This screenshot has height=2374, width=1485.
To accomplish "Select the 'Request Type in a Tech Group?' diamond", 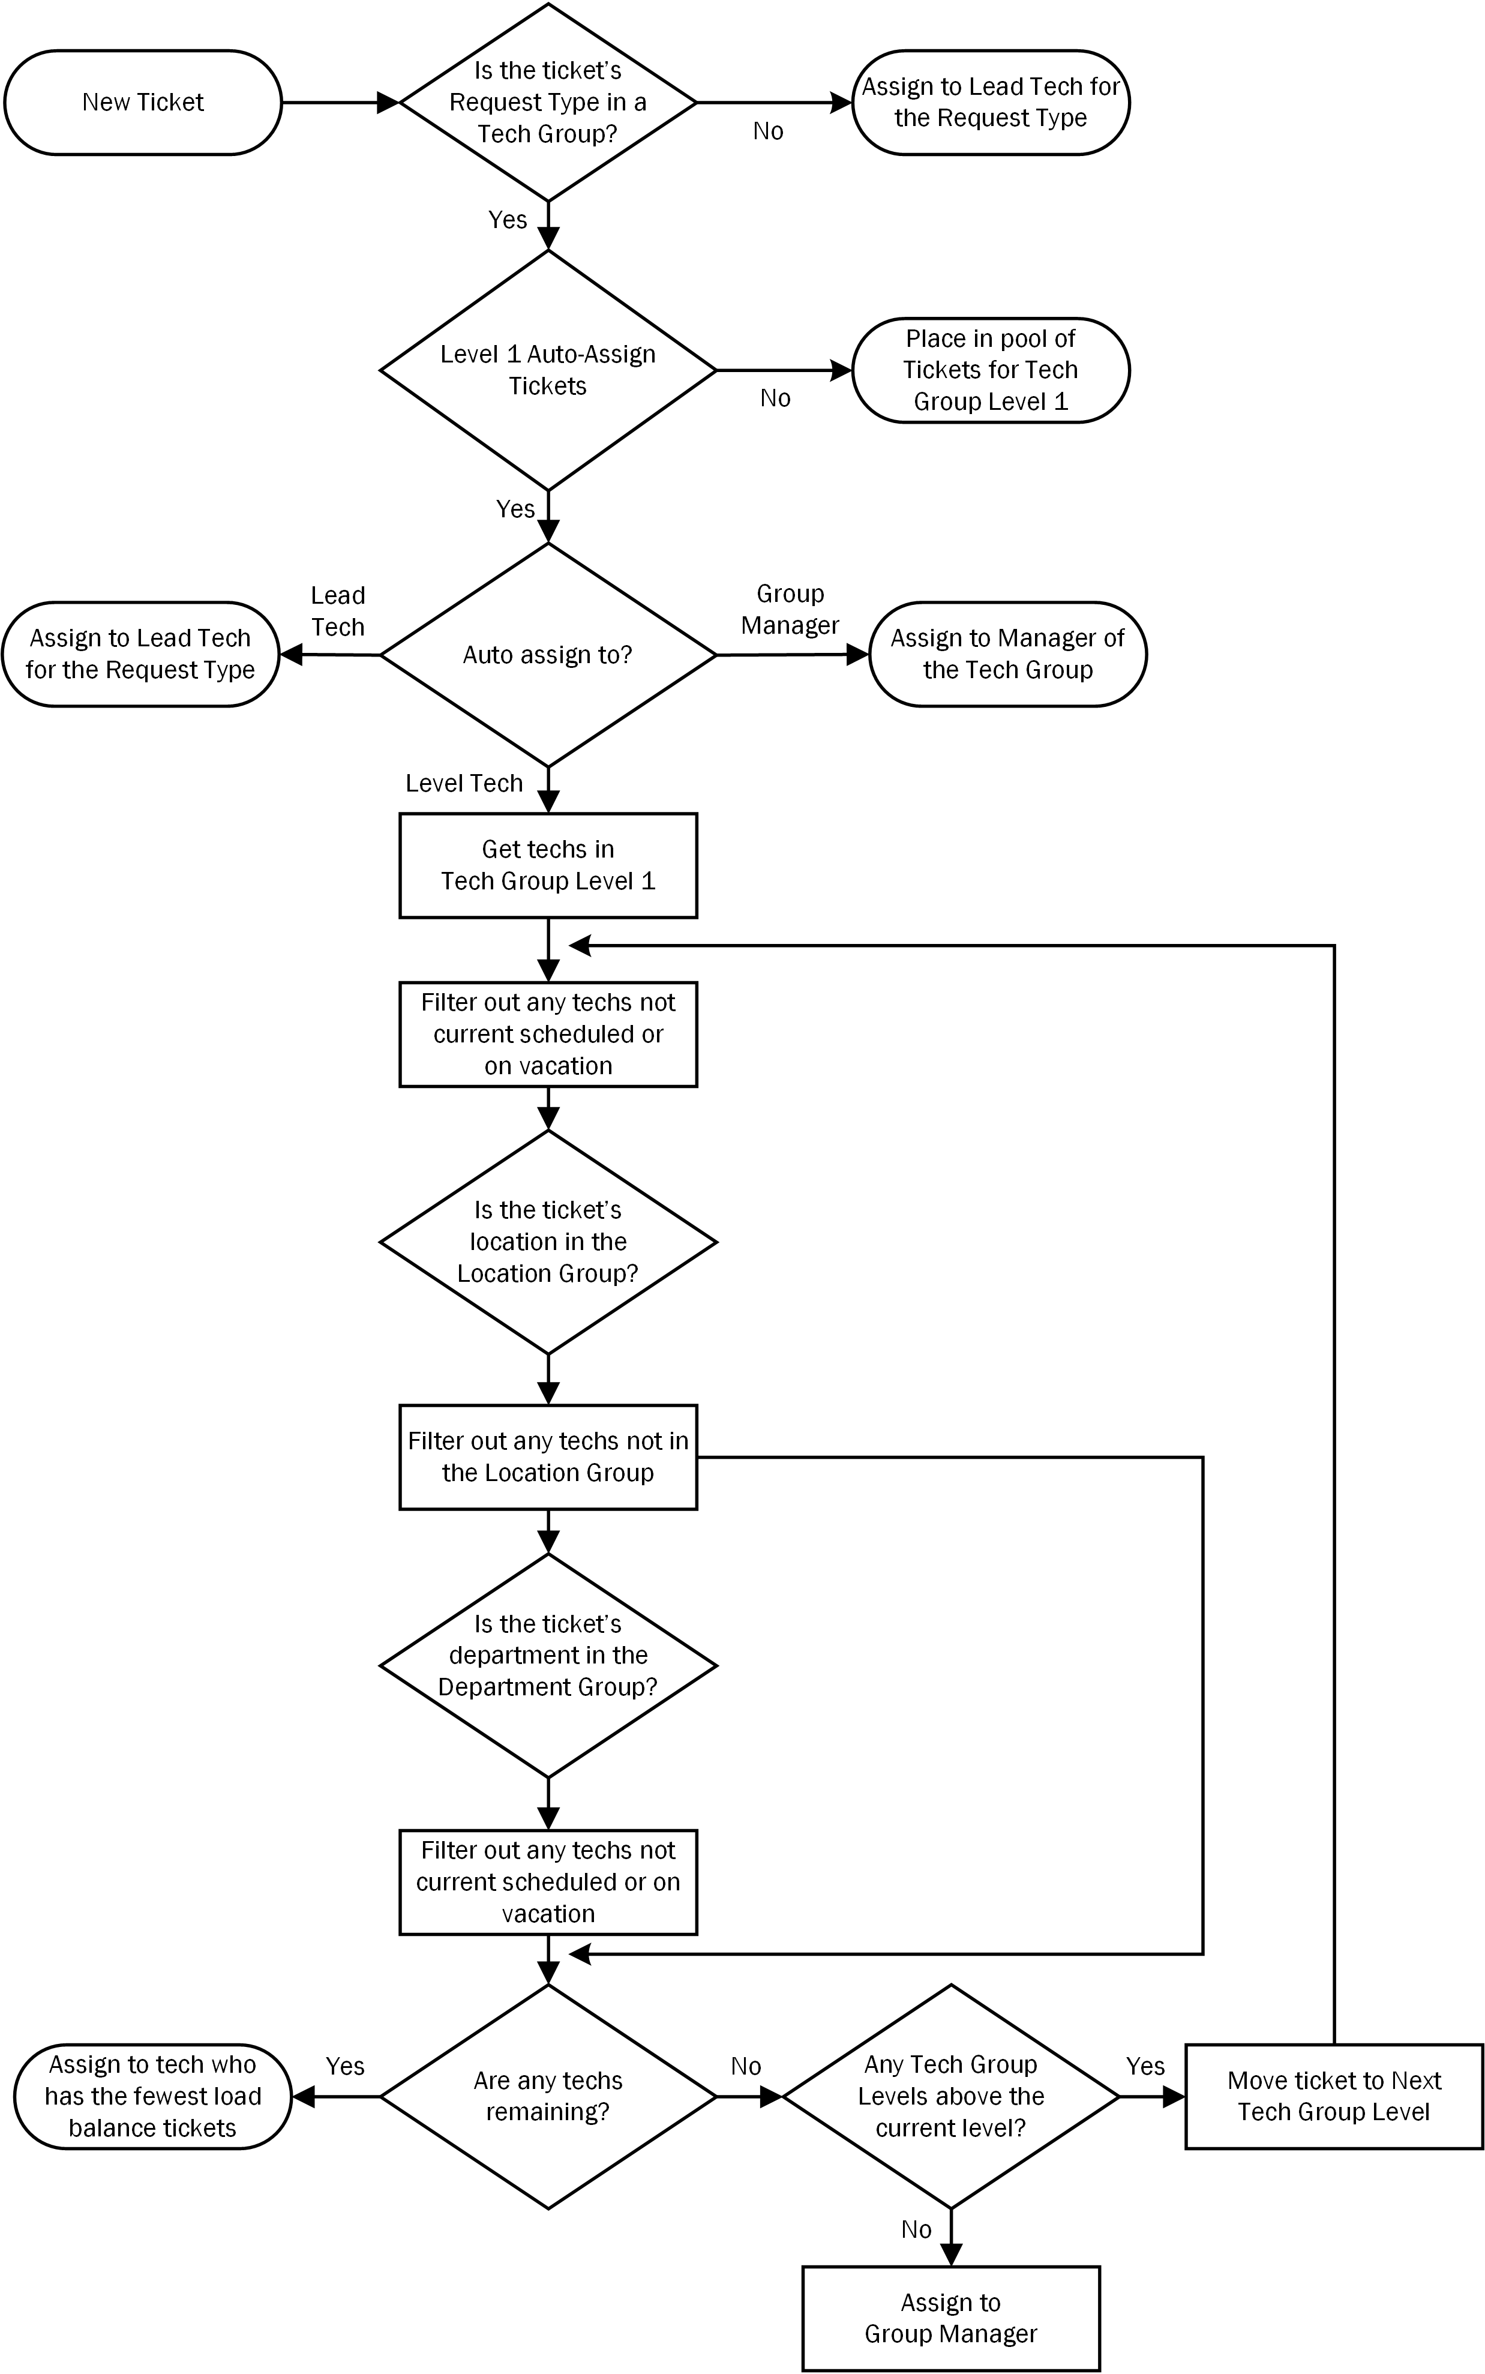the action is click(x=548, y=102).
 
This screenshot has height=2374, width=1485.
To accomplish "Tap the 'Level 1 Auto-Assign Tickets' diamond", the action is click(x=548, y=370).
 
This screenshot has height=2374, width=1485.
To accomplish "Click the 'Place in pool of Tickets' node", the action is click(x=991, y=370).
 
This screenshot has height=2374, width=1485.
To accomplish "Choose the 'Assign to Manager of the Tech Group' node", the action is click(x=1007, y=654).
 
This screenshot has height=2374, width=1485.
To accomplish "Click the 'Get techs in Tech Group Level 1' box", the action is click(x=548, y=865).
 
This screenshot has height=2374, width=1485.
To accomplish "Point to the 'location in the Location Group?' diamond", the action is click(x=548, y=1242).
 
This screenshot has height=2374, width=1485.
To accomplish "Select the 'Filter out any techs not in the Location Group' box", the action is click(x=548, y=1456).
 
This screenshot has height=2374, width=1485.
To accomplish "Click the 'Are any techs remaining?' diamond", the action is click(x=548, y=2097).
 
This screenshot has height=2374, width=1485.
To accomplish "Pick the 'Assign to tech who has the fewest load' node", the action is click(x=153, y=2097).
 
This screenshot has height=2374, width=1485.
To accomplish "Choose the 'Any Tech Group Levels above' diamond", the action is click(x=951, y=2097).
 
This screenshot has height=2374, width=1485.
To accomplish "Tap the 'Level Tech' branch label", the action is click(x=464, y=783).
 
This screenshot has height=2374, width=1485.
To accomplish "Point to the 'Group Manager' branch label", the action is click(x=791, y=610).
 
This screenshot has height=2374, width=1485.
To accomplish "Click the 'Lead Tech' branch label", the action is click(x=338, y=611).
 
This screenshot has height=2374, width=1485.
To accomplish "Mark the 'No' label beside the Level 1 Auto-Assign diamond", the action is click(x=776, y=398).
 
